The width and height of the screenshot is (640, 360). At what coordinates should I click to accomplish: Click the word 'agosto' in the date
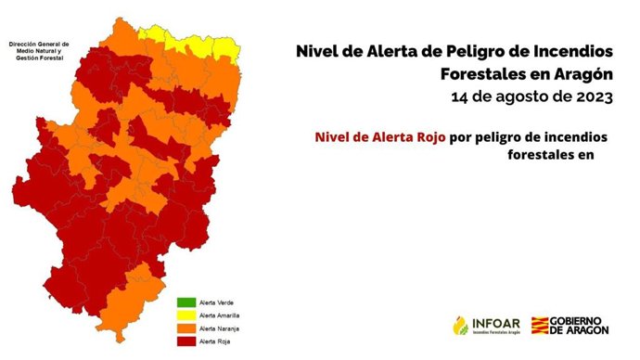tap(526, 96)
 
